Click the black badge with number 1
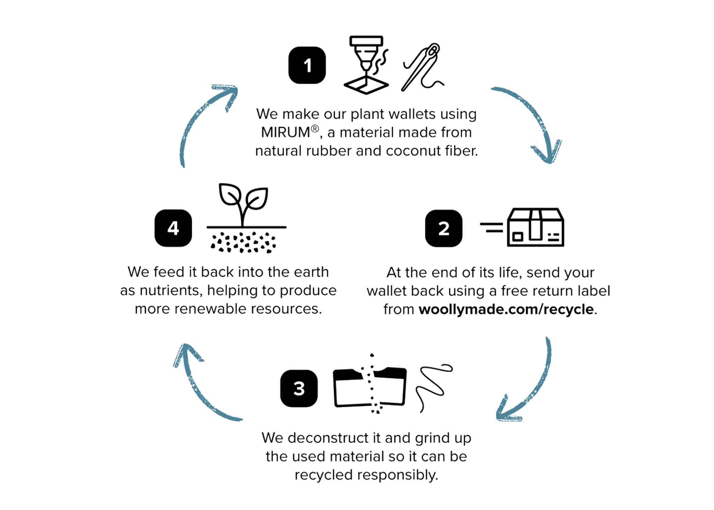pyautogui.click(x=307, y=65)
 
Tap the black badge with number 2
pyautogui.click(x=444, y=228)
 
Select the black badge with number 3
pyautogui.click(x=299, y=388)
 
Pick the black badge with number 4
pyautogui.click(x=173, y=228)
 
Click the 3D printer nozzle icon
pyautogui.click(x=366, y=65)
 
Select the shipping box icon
pyautogui.click(x=522, y=227)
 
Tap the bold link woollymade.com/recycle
pyautogui.click(x=506, y=309)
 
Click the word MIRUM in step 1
pyautogui.click(x=285, y=132)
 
